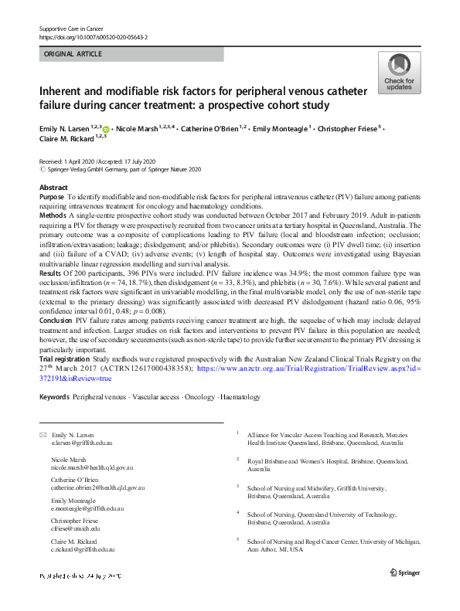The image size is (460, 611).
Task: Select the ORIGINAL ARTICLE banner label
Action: tap(73, 54)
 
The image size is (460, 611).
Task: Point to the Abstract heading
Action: tap(53, 188)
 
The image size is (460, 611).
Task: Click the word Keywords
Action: tap(54, 397)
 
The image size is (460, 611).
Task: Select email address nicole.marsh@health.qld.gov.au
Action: tap(92, 467)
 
